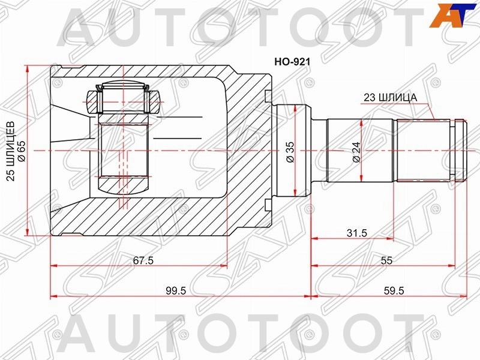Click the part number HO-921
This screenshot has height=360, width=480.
point(292,62)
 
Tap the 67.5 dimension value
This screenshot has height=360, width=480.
point(143,260)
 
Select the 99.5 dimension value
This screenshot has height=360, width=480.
point(176,290)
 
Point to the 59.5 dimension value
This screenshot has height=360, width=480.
point(394,290)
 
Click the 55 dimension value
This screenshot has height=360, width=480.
point(386,260)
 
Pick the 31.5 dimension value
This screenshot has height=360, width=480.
point(356,233)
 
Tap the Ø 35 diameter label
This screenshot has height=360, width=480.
point(290,152)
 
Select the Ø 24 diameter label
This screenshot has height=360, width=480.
point(356,152)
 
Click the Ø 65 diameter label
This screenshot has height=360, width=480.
point(22,152)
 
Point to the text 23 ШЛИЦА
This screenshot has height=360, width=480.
point(391,98)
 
